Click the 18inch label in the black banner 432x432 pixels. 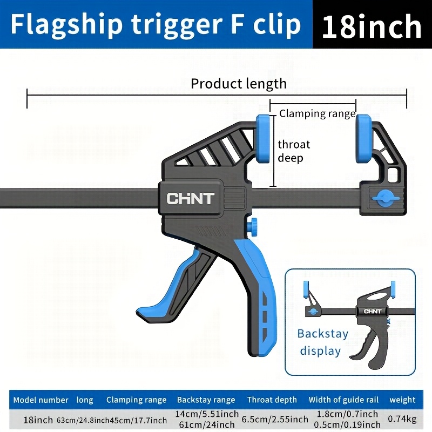(x=372, y=26)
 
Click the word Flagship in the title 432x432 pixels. (x=66, y=24)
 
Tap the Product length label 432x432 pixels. (x=239, y=84)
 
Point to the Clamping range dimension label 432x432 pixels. (x=317, y=113)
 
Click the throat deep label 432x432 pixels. (x=294, y=151)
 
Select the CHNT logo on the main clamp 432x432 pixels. (x=191, y=198)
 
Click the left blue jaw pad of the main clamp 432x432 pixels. (x=263, y=139)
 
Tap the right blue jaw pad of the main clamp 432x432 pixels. (x=363, y=139)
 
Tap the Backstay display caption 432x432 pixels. (x=322, y=342)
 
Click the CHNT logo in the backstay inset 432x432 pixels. (x=373, y=312)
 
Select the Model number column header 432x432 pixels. (x=41, y=400)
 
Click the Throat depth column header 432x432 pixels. (x=272, y=400)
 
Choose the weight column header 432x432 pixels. (x=402, y=400)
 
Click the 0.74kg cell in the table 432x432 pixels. (x=402, y=419)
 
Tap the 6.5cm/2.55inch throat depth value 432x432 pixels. (x=275, y=420)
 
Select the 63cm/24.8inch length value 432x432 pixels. (x=83, y=421)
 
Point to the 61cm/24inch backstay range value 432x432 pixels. (x=207, y=424)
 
